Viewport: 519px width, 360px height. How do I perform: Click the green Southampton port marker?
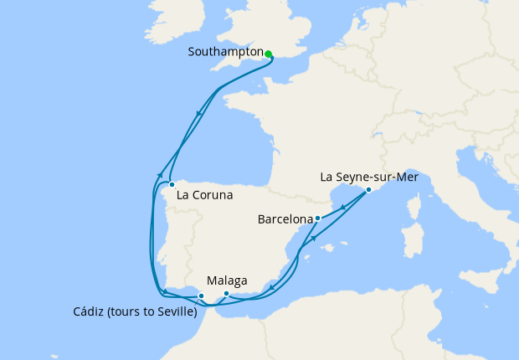[x=269, y=54]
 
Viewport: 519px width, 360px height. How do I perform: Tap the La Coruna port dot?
[x=171, y=184]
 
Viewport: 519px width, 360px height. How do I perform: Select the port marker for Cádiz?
[x=201, y=296]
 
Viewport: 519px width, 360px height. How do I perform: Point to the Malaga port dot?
[x=227, y=294]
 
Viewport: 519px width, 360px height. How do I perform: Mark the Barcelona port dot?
[x=317, y=219]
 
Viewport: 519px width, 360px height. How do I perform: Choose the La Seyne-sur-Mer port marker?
[x=368, y=190]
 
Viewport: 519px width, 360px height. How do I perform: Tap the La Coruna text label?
[x=204, y=195]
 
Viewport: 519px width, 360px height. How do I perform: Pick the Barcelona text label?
[x=284, y=221]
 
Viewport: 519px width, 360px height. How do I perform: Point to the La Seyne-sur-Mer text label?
[x=375, y=177]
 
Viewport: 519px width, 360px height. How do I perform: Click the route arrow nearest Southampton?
[x=199, y=116]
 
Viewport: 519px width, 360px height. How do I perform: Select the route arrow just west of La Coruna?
[x=158, y=174]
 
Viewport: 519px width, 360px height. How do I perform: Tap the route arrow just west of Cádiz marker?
[x=166, y=291]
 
